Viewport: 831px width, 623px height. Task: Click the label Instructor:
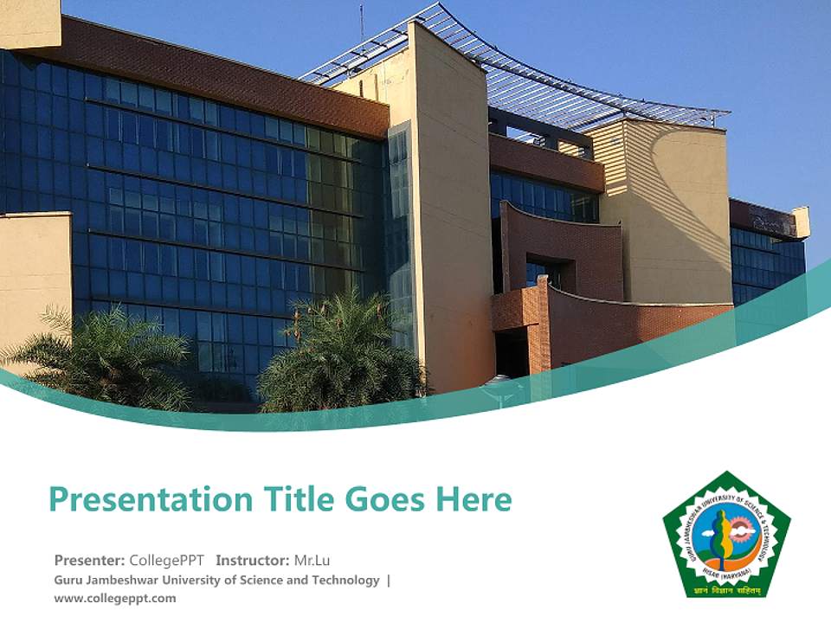click(x=252, y=560)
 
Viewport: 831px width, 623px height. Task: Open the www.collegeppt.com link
click(x=114, y=598)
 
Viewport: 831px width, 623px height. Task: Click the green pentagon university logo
click(x=726, y=536)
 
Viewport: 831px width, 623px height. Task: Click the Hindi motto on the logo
click(x=726, y=589)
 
